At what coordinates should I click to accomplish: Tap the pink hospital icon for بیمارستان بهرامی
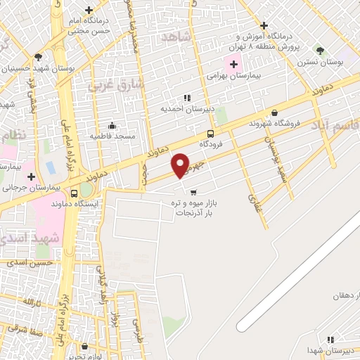tap(234, 65)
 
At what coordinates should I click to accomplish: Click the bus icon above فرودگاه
tap(211, 134)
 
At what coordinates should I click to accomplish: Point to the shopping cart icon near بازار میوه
tap(193, 191)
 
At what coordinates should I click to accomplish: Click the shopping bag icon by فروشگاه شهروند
tap(274, 112)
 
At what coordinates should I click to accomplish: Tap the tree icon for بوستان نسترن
tap(320, 51)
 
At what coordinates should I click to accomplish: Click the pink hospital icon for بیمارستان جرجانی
tap(31, 175)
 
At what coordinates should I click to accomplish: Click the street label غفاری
tap(253, 200)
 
